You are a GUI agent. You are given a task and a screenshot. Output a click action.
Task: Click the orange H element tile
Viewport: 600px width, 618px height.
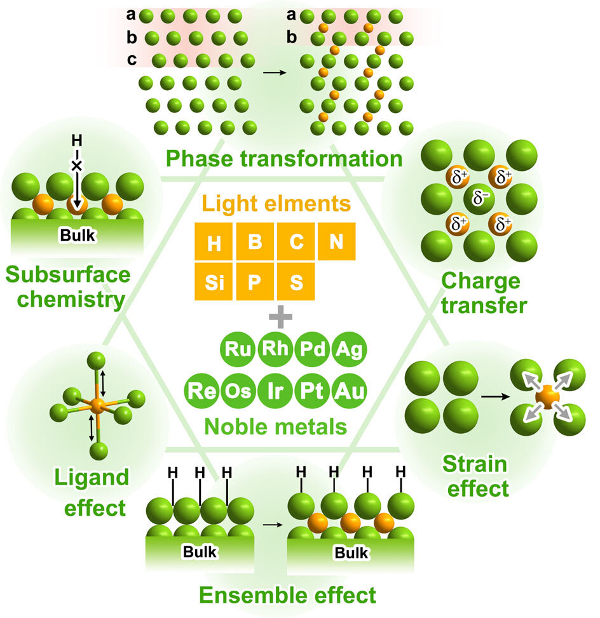[214, 242]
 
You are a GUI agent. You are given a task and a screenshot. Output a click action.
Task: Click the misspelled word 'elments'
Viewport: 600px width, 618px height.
[315, 205]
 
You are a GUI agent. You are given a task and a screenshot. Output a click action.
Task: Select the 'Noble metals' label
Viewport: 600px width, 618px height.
[284, 426]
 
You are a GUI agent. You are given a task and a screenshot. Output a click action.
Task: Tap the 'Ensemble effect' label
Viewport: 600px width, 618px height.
[287, 595]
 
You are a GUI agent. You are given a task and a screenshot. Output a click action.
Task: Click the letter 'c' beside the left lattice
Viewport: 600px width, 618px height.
[132, 60]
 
